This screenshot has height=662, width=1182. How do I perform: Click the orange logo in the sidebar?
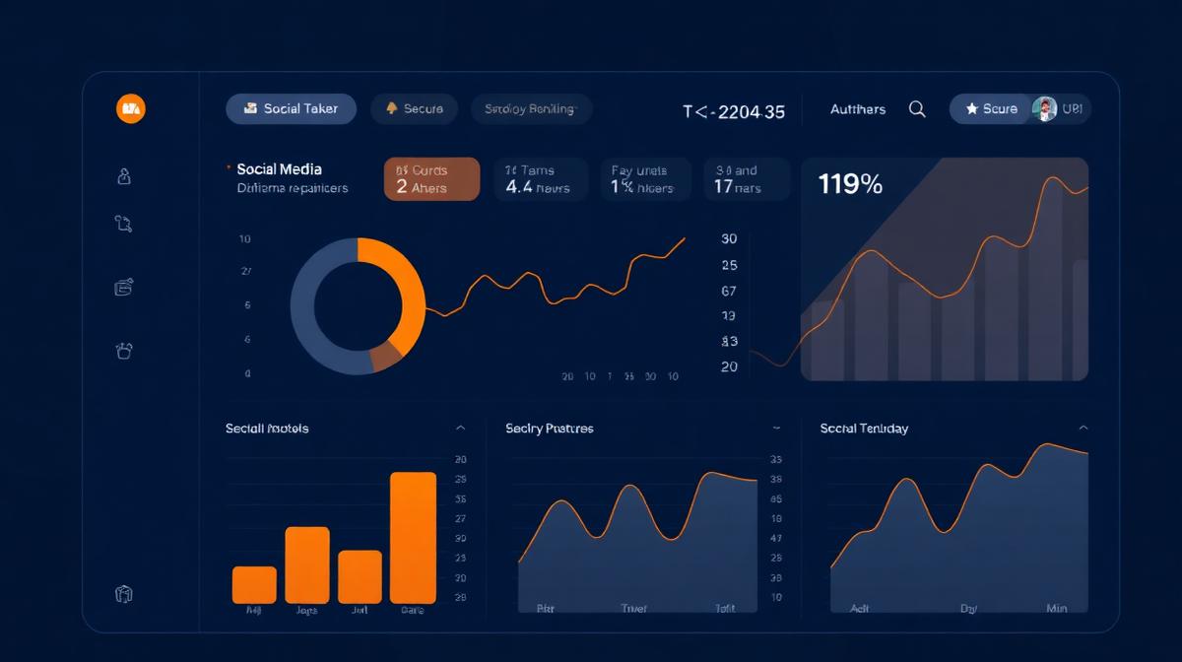tap(130, 108)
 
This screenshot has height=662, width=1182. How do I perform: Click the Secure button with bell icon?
tap(414, 108)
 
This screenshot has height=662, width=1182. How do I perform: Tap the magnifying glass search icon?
tap(917, 109)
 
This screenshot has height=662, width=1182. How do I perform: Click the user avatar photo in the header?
tap(1044, 108)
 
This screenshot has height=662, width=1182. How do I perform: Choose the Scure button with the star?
tap(991, 108)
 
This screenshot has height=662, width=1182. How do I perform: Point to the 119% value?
tap(850, 183)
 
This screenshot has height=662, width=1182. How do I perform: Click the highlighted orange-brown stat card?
tap(431, 179)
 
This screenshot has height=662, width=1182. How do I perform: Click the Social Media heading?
tap(279, 169)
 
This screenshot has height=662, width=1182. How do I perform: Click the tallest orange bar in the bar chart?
tap(413, 537)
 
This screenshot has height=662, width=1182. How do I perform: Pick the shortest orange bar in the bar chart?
tap(254, 584)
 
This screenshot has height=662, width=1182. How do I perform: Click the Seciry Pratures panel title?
tap(549, 429)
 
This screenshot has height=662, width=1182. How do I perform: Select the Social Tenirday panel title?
tap(864, 429)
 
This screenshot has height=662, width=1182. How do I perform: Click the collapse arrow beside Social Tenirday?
tap(1083, 429)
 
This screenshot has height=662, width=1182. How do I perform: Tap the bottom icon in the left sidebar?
tap(124, 594)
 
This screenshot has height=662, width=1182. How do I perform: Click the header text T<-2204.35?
tap(734, 111)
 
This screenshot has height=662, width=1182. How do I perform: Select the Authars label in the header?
tap(857, 109)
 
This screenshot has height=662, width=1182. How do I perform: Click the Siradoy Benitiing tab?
tap(530, 108)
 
